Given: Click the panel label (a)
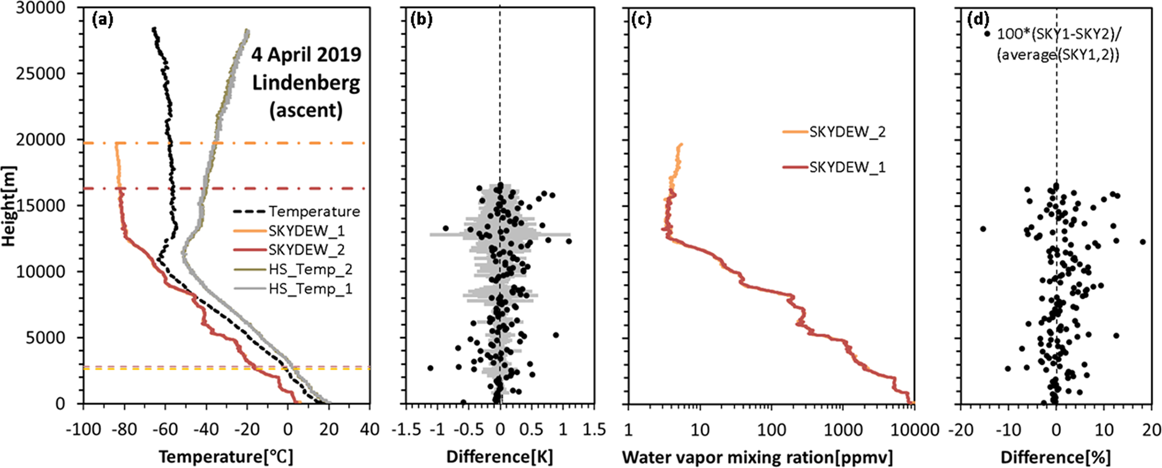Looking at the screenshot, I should click(x=102, y=20).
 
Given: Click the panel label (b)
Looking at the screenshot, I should click(x=422, y=20).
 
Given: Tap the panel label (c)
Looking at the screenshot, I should click(x=642, y=20).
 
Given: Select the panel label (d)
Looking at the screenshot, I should click(x=978, y=20).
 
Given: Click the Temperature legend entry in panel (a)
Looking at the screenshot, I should click(x=314, y=212).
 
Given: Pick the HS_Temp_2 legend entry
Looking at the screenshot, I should click(x=310, y=270).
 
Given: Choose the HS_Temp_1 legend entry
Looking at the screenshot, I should click(x=310, y=289).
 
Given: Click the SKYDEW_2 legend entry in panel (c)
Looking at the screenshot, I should click(x=847, y=132).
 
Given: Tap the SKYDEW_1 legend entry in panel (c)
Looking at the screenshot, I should click(x=847, y=167).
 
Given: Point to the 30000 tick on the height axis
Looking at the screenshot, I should click(x=40, y=8).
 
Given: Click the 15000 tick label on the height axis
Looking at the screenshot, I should click(x=40, y=206).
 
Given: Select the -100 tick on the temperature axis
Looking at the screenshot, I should click(x=83, y=430).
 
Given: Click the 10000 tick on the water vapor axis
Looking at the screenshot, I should click(x=914, y=430).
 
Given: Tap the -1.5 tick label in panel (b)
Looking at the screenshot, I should click(x=408, y=430).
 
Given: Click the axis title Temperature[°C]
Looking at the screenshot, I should click(x=226, y=457).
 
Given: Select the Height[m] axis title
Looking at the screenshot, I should click(x=9, y=206).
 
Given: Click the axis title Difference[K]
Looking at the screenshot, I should click(x=500, y=457).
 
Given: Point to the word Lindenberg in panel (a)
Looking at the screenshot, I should click(x=306, y=83).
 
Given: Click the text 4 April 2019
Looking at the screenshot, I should click(x=306, y=55).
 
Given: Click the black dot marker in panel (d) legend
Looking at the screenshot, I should click(x=987, y=34).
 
